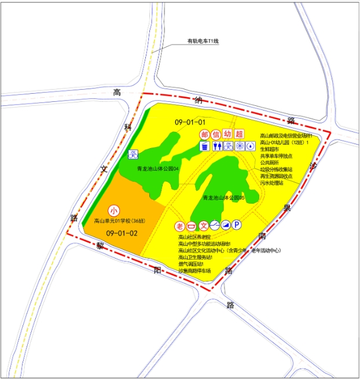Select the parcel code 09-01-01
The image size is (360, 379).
click(190, 123)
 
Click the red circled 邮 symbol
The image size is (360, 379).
click(204, 135)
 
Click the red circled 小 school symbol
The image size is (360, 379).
click(113, 211)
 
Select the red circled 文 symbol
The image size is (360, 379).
click(203, 226)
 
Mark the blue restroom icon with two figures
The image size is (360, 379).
click(216, 146)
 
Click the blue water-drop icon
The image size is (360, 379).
click(249, 146)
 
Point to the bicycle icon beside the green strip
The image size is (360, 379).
click(134, 154)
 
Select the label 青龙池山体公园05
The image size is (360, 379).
click(223, 198)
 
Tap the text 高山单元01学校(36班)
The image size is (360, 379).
click(119, 221)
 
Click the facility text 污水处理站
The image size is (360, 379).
click(271, 183)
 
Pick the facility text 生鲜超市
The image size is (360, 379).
click(271, 149)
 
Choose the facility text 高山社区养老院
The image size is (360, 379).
click(194, 237)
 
